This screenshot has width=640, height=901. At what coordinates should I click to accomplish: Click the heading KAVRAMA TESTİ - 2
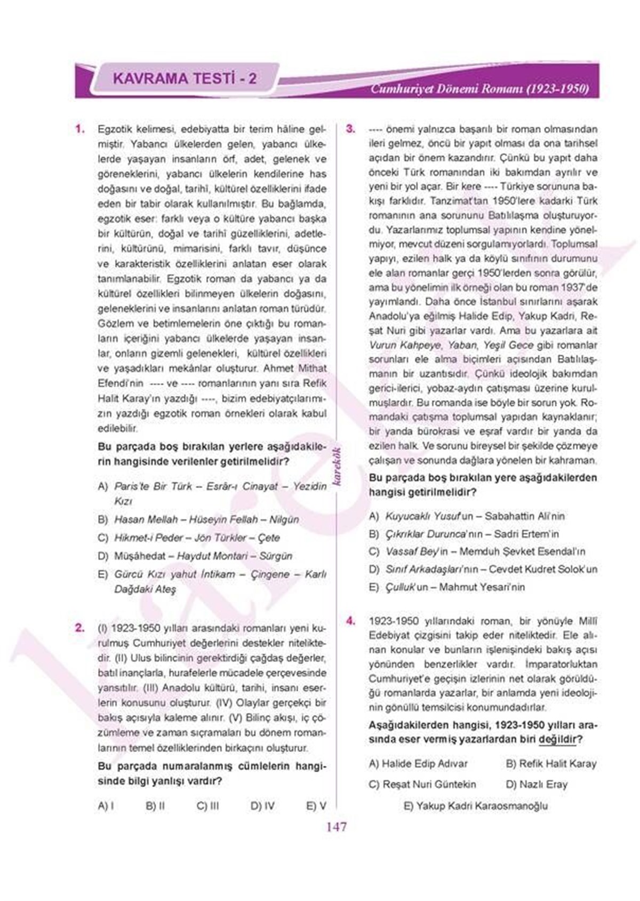(185, 79)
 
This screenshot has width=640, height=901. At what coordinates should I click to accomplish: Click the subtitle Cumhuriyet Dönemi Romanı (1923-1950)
(480, 89)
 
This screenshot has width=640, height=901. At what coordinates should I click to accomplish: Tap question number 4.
(350, 621)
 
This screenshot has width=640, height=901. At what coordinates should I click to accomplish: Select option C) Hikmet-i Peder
(189, 538)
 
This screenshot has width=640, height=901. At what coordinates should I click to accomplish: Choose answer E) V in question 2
(316, 806)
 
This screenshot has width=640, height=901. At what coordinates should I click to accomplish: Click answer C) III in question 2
(207, 806)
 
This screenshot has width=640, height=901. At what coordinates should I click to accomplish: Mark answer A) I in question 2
(106, 806)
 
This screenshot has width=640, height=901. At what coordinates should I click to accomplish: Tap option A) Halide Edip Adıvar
(418, 764)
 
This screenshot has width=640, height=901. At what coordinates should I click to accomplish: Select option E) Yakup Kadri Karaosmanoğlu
(476, 806)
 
